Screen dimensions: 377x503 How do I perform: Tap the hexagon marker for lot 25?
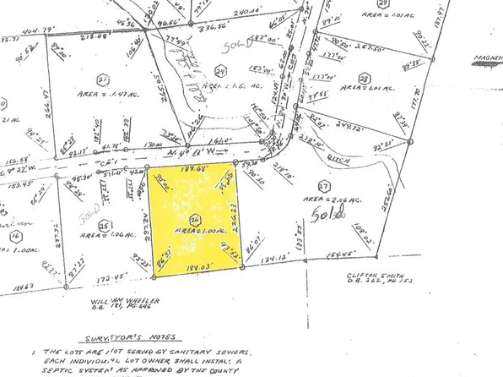coord(104,226)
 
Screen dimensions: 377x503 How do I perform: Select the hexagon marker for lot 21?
coord(104,79)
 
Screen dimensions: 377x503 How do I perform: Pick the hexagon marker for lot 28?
coord(365,79)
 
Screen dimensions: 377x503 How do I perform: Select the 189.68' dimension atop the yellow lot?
coord(193,166)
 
